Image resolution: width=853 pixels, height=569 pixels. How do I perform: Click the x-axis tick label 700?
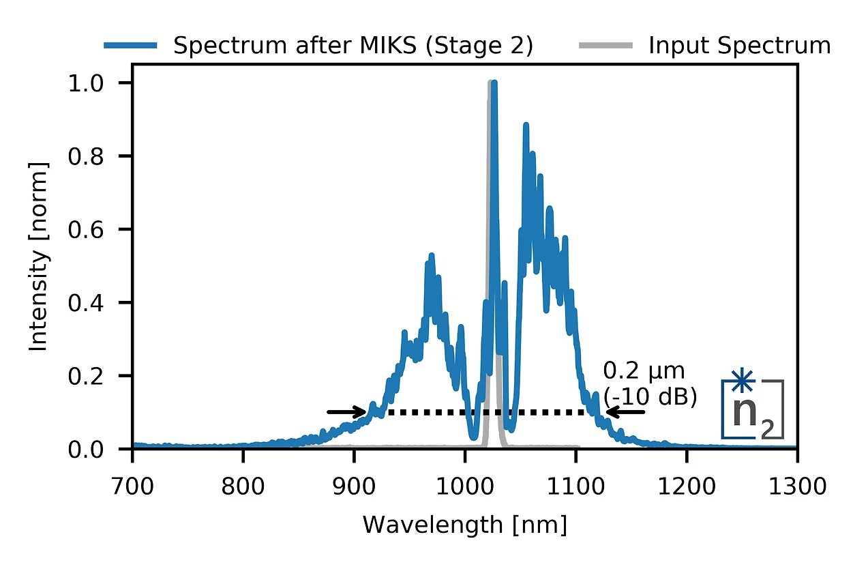(x=132, y=487)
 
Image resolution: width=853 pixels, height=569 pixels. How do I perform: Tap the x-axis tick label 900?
(x=353, y=487)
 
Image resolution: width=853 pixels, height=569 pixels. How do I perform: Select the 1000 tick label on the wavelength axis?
(x=464, y=487)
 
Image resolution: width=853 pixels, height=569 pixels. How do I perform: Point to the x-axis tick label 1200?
(x=685, y=487)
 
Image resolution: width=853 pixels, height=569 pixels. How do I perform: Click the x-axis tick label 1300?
(x=796, y=487)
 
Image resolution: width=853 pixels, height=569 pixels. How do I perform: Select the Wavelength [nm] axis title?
(x=464, y=525)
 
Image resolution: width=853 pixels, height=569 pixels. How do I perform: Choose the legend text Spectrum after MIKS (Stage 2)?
(x=353, y=46)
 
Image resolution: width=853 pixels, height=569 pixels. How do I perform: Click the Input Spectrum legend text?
(x=739, y=46)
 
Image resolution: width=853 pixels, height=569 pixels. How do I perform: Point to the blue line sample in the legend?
(x=131, y=46)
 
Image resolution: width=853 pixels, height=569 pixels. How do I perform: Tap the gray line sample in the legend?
(x=605, y=46)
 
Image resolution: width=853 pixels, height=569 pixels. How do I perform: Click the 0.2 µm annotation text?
(x=644, y=372)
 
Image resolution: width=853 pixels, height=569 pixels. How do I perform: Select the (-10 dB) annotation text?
(x=650, y=397)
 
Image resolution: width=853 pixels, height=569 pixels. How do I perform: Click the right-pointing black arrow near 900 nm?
(x=348, y=411)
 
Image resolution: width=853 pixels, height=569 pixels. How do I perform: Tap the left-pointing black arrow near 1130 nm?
(x=625, y=411)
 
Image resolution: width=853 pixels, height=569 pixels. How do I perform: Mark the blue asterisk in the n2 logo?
(x=740, y=380)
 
